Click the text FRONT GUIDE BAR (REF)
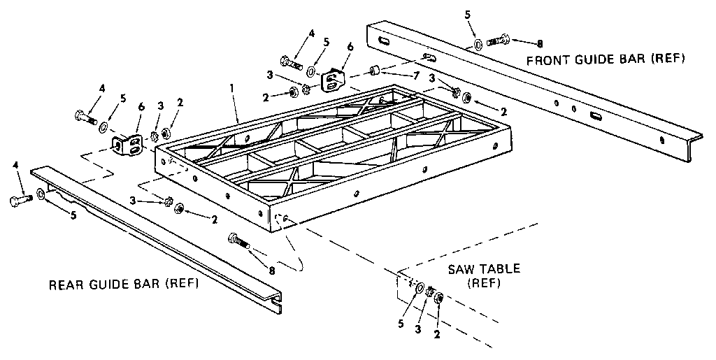(606, 59)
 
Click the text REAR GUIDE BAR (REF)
(123, 285)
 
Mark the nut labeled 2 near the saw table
(439, 298)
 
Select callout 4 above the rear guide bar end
(15, 165)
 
